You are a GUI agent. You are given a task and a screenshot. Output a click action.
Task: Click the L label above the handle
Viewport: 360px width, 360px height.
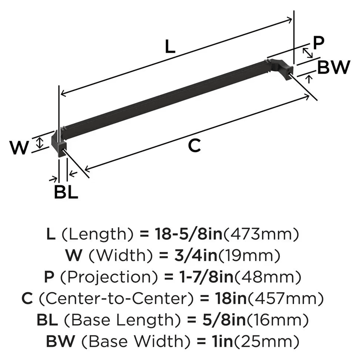[x=169, y=47]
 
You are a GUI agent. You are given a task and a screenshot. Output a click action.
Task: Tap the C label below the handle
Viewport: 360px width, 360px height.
[x=194, y=146]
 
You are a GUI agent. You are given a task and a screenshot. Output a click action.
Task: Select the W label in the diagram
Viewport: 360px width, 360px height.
[x=19, y=148]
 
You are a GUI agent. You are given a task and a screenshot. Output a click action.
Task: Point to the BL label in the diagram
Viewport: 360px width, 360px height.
[x=66, y=193]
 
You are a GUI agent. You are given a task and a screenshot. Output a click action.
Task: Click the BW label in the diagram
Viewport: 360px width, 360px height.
[x=334, y=67]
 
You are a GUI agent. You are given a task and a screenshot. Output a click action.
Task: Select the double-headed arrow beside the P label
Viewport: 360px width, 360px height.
[x=307, y=53]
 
